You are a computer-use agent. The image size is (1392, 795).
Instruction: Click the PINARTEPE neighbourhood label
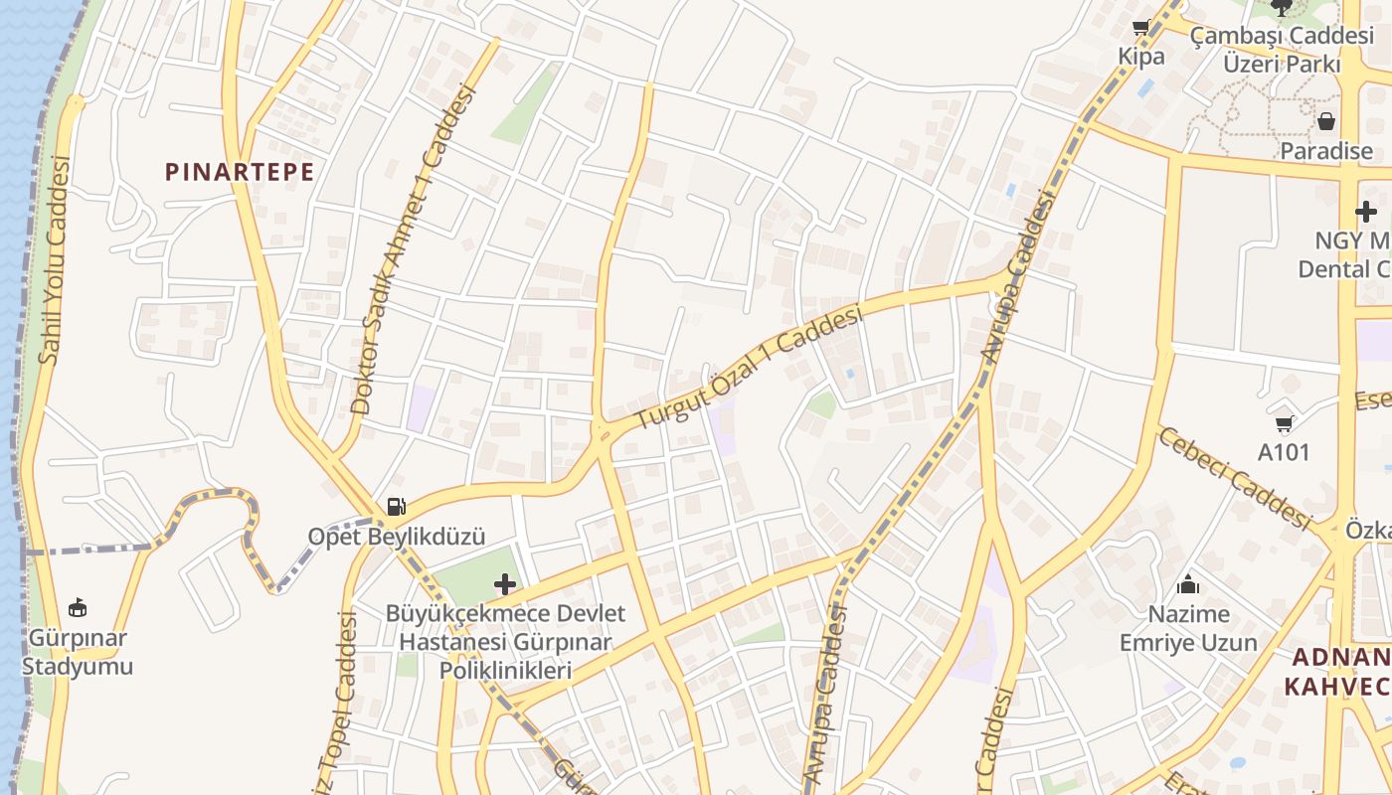[240, 172]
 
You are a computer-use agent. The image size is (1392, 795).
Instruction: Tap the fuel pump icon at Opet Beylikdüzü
[396, 507]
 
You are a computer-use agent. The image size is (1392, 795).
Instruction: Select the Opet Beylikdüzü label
[397, 537]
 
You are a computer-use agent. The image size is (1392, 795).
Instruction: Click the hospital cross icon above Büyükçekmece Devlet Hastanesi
[505, 583]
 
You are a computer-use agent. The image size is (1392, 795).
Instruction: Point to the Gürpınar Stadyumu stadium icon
[78, 607]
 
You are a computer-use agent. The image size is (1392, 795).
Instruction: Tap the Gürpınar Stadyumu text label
[78, 652]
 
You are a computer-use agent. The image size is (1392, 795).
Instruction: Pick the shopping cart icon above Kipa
[1141, 28]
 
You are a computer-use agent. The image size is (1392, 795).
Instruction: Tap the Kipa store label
[1141, 57]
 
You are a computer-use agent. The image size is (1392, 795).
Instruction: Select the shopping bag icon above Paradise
[1326, 122]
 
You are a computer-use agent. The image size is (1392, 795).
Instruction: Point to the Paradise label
[1326, 151]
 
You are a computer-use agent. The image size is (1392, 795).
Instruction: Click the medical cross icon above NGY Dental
[1366, 211]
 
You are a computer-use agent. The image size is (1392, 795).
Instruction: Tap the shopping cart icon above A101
[1285, 423]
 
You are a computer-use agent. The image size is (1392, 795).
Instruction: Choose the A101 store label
[1285, 452]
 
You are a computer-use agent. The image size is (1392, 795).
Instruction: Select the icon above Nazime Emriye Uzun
[1188, 584]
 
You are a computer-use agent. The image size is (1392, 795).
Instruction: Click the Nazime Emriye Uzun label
[1188, 628]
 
